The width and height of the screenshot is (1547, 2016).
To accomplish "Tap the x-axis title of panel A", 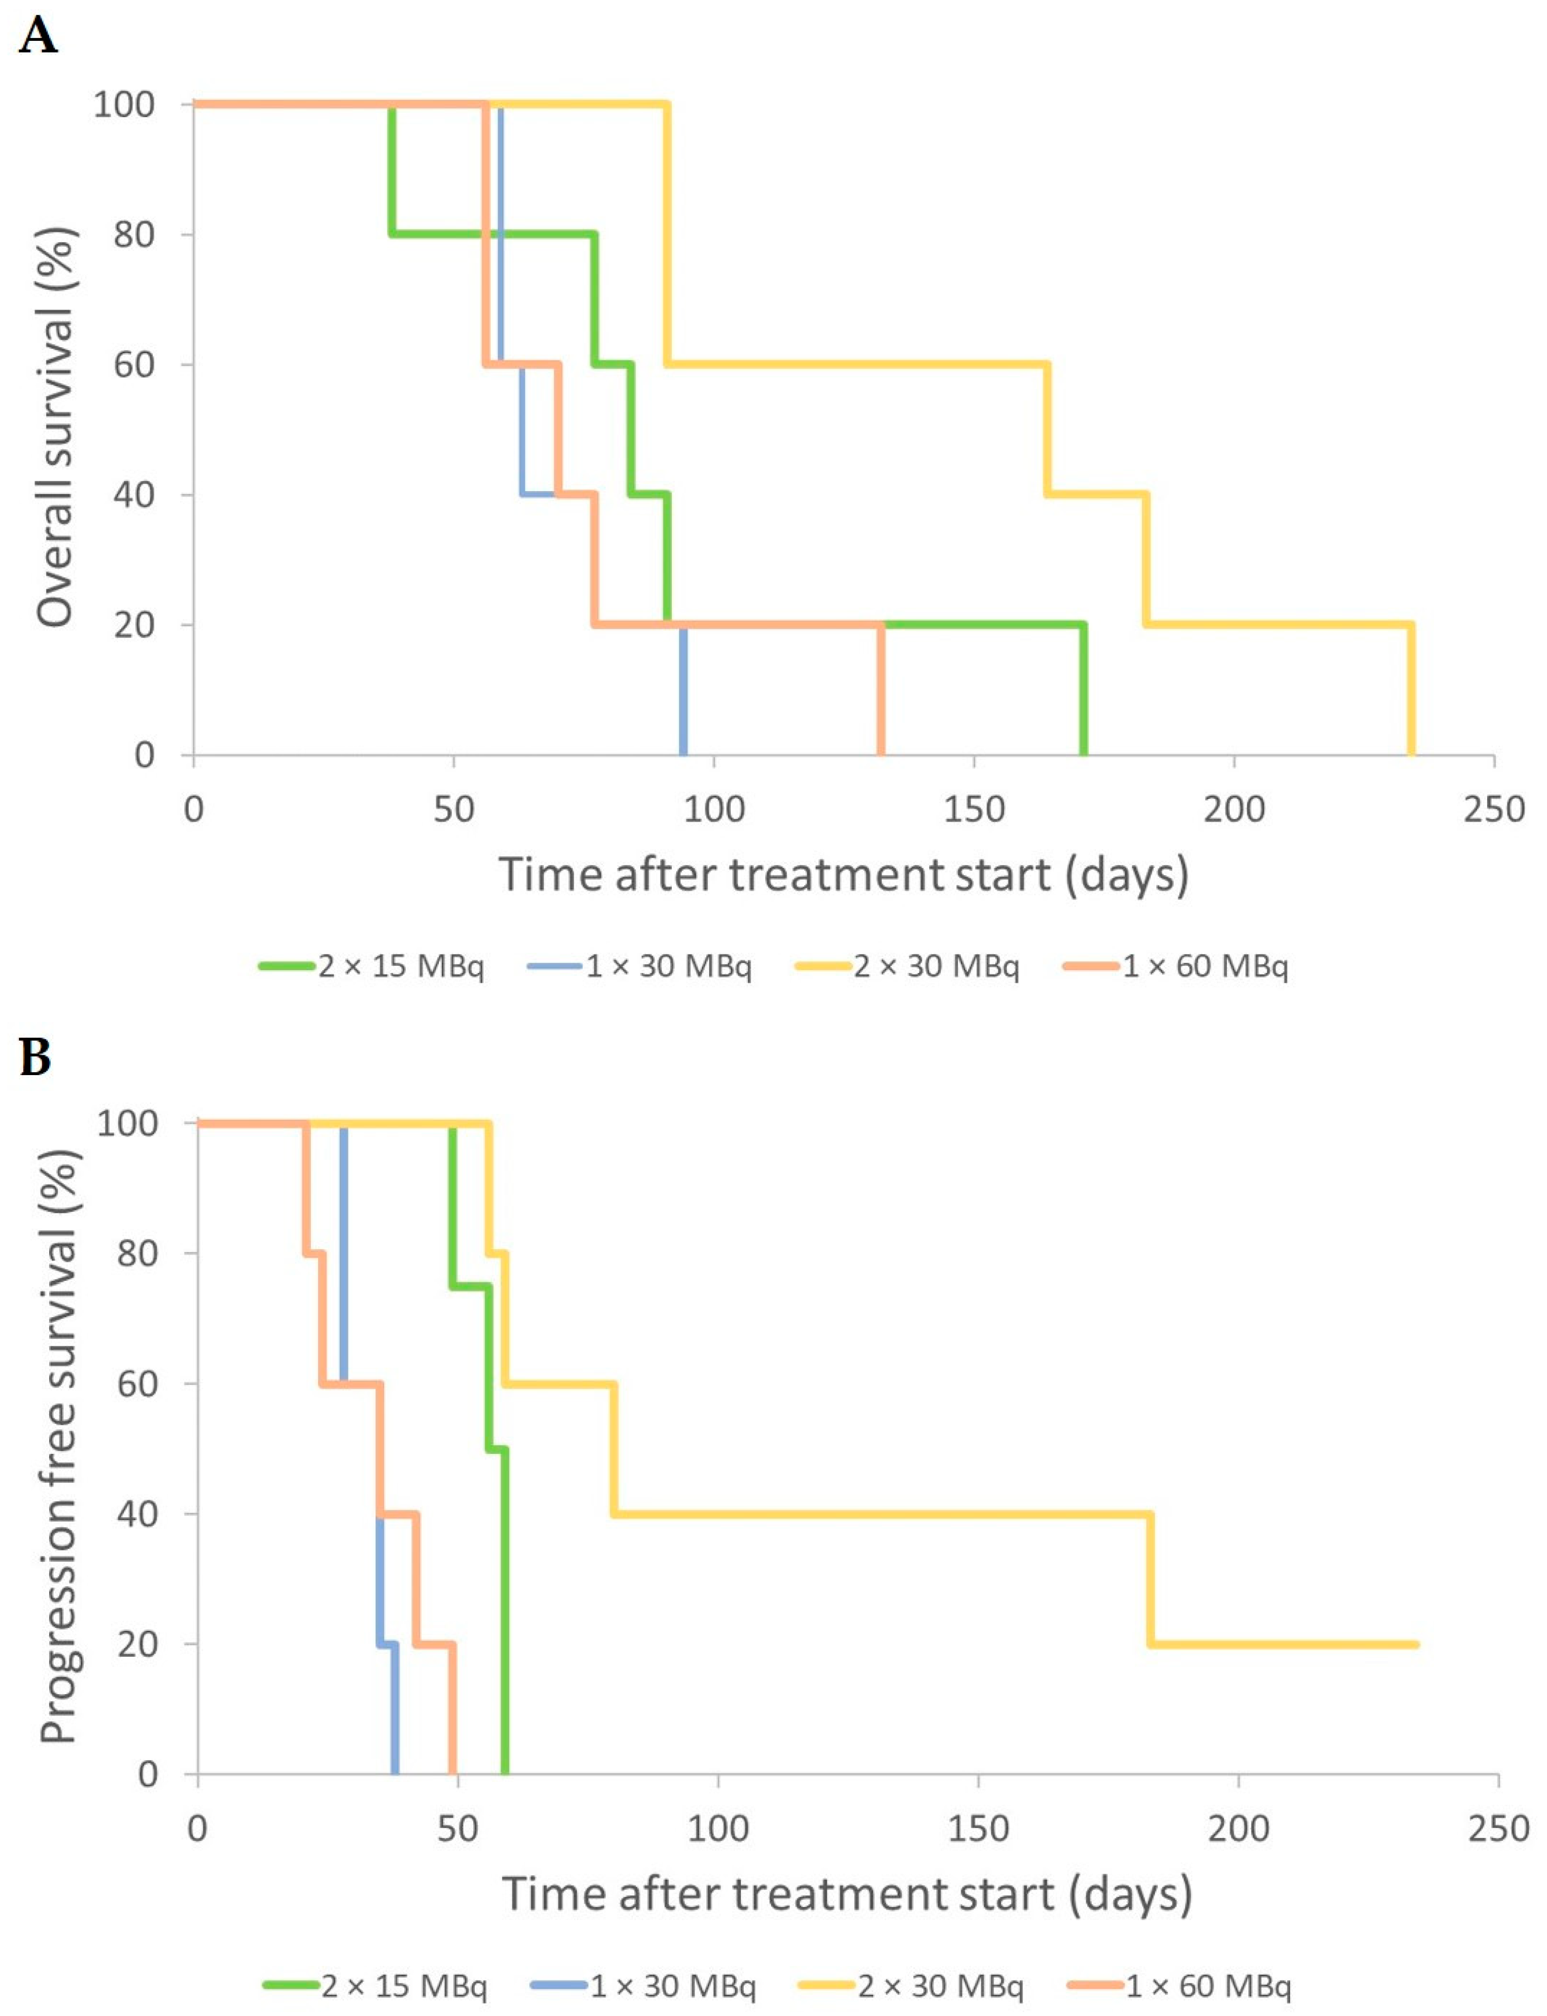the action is pyautogui.click(x=844, y=874).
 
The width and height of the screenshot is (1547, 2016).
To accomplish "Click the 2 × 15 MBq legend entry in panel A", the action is pyautogui.click(x=371, y=967).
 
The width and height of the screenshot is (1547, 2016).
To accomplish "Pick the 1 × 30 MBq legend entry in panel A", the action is pyautogui.click(x=640, y=967).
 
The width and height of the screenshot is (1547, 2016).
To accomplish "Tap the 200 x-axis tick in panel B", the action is pyautogui.click(x=1239, y=1829).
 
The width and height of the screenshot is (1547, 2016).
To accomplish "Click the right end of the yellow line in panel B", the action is pyautogui.click(x=1416, y=1644).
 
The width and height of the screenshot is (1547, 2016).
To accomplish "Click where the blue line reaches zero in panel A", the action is pyautogui.click(x=683, y=754).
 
